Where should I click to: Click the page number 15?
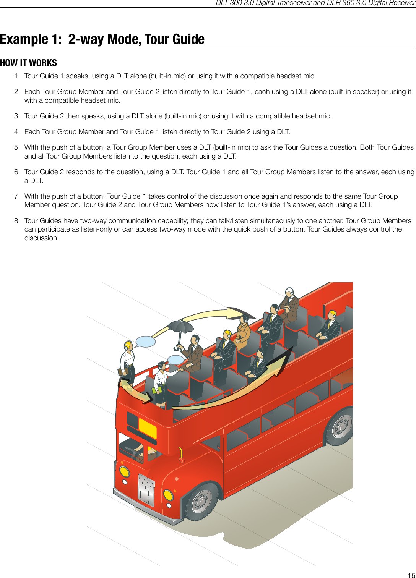(x=411, y=575)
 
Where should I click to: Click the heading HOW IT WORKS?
(x=28, y=63)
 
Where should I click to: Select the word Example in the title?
(x=24, y=39)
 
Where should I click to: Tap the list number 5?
(x=17, y=147)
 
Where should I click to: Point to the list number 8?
(x=17, y=221)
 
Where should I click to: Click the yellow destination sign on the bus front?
(x=148, y=428)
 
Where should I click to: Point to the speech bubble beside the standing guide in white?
(x=145, y=342)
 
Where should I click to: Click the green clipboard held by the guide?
(x=157, y=390)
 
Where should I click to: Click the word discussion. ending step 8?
(x=42, y=238)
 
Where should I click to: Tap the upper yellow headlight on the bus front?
(x=125, y=471)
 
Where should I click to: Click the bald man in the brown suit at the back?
(x=290, y=304)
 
